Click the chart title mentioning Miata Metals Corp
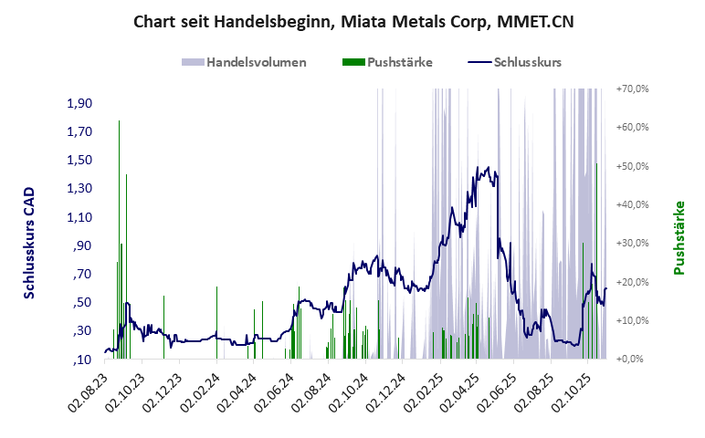click(x=353, y=21)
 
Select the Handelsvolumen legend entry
click(x=244, y=63)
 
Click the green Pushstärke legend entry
click(x=387, y=63)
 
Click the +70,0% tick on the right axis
click(x=632, y=89)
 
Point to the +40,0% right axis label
click(x=632, y=205)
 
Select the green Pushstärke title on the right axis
click(x=679, y=237)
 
